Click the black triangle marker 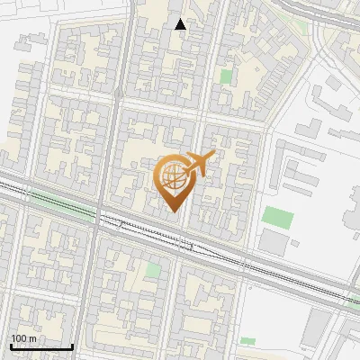[181, 24]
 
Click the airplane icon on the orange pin [199, 163]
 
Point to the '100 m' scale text [24, 338]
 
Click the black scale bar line [41, 346]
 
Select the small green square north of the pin [226, 76]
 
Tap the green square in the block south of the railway [154, 269]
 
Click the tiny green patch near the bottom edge [247, 341]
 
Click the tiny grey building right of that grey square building [294, 243]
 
